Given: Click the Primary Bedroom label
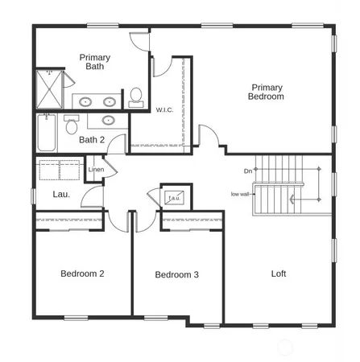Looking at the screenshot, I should [267, 92].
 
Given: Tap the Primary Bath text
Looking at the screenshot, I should [94, 62].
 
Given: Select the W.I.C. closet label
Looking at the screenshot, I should [165, 110].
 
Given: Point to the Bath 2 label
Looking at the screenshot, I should [93, 140].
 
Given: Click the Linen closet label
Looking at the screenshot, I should [96, 170].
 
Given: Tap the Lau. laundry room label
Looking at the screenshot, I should [61, 195].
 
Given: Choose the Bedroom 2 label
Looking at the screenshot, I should [82, 274].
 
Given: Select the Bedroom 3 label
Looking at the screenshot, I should [176, 275].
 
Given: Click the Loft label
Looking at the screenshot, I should [278, 274].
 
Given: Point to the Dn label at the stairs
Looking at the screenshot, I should [248, 171].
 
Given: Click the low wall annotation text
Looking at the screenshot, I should [240, 194].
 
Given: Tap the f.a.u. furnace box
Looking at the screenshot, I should [174, 196].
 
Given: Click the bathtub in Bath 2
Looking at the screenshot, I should [45, 134].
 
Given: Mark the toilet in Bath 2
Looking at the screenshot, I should [72, 125].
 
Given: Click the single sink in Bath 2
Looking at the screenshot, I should [109, 121].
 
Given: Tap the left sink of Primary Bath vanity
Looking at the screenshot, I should [85, 102].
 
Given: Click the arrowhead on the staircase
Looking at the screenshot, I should [255, 191].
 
